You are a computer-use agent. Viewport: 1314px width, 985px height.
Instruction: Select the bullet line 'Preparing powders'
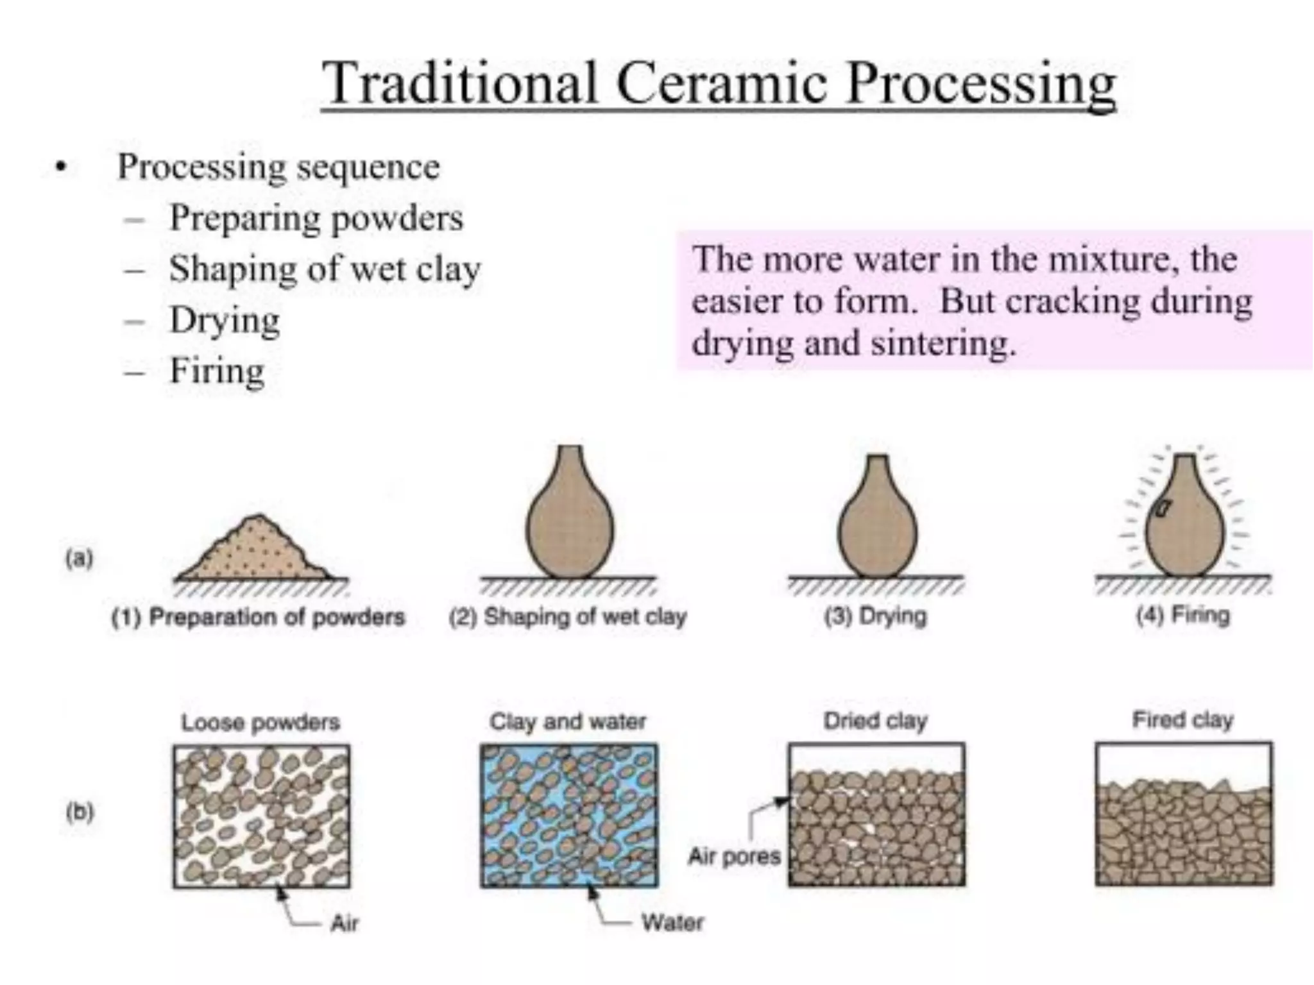316,218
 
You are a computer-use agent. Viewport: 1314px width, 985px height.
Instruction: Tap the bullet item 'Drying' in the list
225,320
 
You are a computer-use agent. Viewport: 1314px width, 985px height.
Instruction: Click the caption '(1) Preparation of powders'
258,617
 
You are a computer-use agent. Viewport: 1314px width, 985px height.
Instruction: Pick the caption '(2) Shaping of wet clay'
568,617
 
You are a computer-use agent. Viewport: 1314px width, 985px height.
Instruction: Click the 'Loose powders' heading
260,723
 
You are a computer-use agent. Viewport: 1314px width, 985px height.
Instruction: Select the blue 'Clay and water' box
569,815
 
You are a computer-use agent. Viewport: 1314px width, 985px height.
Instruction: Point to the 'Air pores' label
734,856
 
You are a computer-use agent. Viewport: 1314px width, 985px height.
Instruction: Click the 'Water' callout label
672,923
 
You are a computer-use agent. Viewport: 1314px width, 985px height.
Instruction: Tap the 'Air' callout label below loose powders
345,923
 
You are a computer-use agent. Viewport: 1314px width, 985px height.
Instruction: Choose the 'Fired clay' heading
1183,720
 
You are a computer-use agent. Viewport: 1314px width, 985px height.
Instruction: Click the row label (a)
80,559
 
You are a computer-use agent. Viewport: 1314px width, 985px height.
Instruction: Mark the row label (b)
80,812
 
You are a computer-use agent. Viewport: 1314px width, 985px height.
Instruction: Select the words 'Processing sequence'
278,167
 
